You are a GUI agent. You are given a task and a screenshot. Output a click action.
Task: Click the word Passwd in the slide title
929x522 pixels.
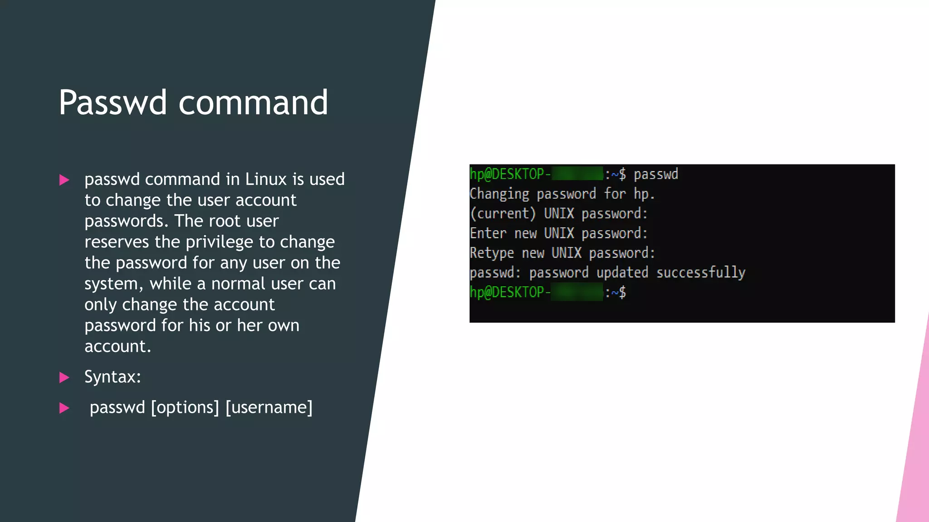tap(113, 102)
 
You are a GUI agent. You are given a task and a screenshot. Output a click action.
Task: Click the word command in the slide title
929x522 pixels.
tap(253, 102)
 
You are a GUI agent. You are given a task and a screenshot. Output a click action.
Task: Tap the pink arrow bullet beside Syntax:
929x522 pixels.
tap(64, 377)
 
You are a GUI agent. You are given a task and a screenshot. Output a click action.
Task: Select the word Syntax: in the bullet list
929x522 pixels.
tap(112, 377)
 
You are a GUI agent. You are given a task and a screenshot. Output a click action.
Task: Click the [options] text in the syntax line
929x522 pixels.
tap(185, 407)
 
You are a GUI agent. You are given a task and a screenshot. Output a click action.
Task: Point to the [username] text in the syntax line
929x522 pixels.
tap(269, 407)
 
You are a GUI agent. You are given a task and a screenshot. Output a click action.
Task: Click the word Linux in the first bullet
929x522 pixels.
tap(266, 179)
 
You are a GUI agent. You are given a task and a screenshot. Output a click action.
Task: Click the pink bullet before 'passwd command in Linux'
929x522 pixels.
tap(64, 180)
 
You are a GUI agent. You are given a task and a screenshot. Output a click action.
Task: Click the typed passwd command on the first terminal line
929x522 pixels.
tap(655, 174)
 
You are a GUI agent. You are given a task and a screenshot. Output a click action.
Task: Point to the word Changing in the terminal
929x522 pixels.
tap(499, 194)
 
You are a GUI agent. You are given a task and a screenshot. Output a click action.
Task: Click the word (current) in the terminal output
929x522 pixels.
tap(503, 213)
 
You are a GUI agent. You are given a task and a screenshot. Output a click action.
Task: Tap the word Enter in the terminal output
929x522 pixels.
tap(488, 233)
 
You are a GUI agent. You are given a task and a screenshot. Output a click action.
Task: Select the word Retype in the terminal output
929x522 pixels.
tap(492, 253)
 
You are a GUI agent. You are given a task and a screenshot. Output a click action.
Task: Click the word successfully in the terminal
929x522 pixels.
tap(701, 272)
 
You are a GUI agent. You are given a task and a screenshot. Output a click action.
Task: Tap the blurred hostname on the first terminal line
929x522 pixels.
tap(577, 174)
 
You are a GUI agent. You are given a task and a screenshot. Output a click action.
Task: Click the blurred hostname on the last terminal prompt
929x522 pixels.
tap(577, 292)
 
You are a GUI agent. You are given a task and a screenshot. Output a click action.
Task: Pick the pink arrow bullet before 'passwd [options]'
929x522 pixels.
tap(64, 408)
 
